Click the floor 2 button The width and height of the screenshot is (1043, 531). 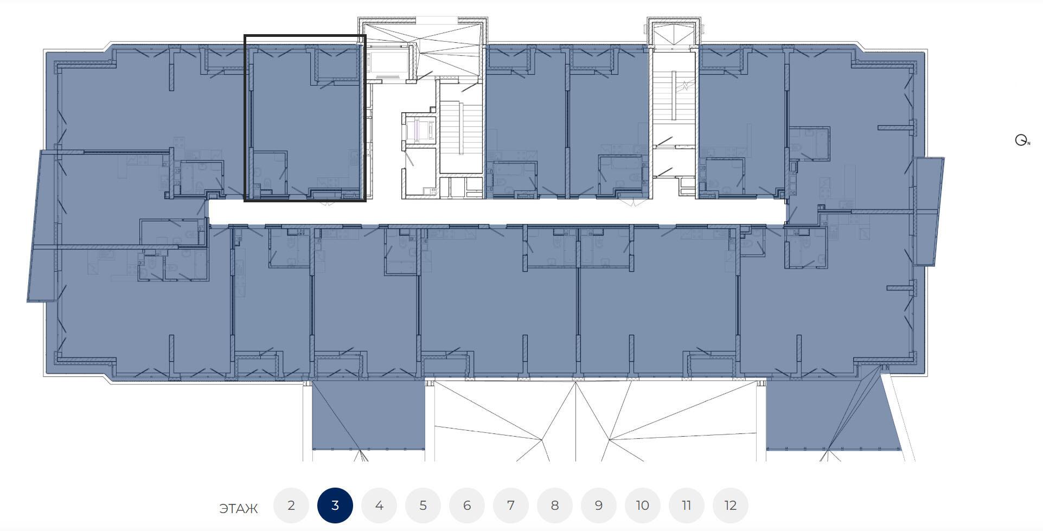291,506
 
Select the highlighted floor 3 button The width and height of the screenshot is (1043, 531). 335,506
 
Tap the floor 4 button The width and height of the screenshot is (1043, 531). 379,506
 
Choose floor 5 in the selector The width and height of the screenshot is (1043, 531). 423,506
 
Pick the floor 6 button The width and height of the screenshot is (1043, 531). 467,506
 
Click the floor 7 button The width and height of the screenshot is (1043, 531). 511,506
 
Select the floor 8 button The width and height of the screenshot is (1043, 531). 555,506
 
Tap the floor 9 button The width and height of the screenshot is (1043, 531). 599,506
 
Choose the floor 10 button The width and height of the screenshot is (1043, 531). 643,506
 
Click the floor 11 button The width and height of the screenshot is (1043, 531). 687,506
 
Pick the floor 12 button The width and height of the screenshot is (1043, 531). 731,506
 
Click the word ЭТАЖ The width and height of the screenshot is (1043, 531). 239,509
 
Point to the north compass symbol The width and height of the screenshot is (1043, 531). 1022,140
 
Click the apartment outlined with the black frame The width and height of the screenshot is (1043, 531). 305,118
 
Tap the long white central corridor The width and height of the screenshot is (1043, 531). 496,212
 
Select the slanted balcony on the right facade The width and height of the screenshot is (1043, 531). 929,212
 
